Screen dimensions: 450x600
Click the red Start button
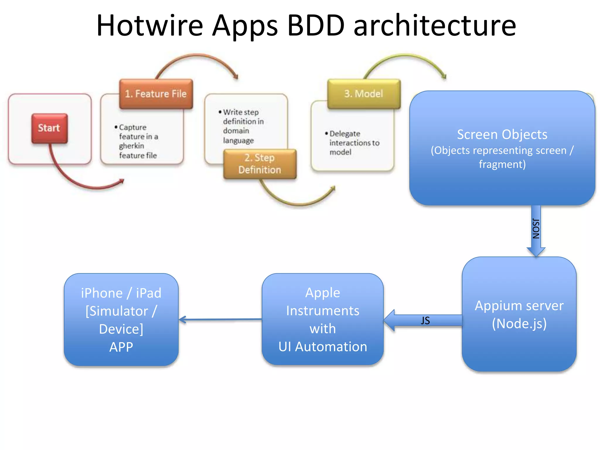[x=50, y=128]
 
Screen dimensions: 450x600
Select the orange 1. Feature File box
[x=156, y=94]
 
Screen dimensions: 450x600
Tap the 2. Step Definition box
[x=260, y=164]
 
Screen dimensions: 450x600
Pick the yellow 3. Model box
[x=364, y=94]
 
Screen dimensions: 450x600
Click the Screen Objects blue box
[x=502, y=148]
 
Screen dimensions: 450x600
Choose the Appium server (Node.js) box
[x=519, y=314]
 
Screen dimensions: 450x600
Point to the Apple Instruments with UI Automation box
[x=323, y=319]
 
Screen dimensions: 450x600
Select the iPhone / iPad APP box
[x=121, y=320]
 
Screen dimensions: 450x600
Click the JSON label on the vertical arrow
[x=536, y=229]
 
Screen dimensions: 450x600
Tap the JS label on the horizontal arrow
[x=425, y=321]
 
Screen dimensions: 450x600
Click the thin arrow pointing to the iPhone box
[x=220, y=319]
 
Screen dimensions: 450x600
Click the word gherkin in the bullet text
[x=132, y=146]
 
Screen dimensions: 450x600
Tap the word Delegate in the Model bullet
[x=345, y=134]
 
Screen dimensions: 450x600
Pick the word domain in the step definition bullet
[x=236, y=131]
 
